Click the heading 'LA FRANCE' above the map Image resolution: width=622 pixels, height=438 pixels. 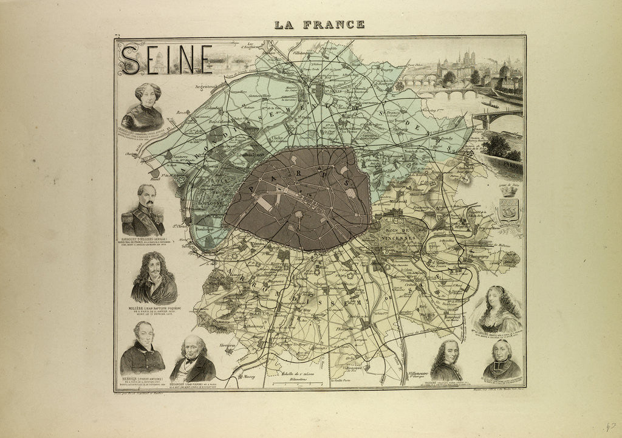pyautogui.click(x=319, y=25)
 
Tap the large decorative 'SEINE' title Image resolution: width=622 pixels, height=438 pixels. pyautogui.click(x=165, y=60)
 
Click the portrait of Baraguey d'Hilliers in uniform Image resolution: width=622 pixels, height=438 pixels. pyautogui.click(x=143, y=210)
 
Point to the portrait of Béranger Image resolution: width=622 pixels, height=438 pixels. pyautogui.click(x=193, y=358)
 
